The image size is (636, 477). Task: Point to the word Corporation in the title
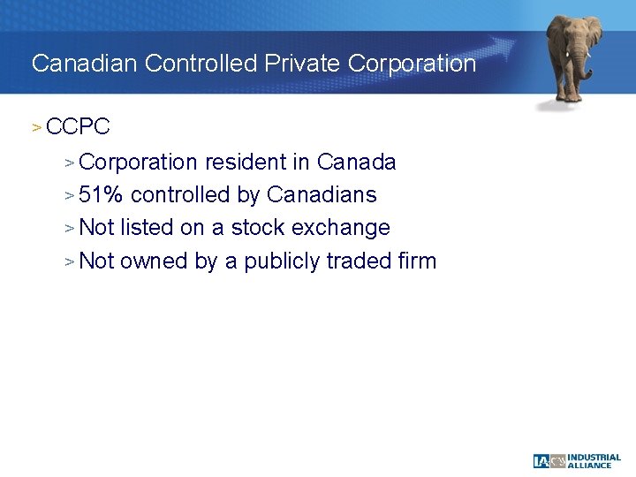(413, 64)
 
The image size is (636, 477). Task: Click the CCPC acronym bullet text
(78, 127)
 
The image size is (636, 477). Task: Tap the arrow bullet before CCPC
(36, 127)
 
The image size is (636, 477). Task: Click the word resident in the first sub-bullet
(236, 163)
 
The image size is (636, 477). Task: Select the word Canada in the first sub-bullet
(356, 163)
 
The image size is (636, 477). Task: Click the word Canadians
(322, 195)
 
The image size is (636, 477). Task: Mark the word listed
(147, 228)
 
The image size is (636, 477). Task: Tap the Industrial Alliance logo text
(594, 461)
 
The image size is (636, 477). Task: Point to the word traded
(360, 261)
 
